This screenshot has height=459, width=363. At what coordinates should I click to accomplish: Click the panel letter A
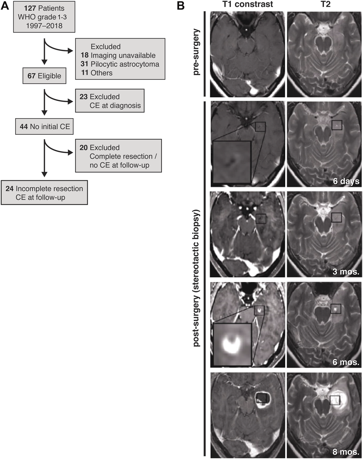pyautogui.click(x=5, y=6)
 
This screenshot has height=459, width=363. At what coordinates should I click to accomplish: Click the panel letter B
pyautogui.click(x=181, y=6)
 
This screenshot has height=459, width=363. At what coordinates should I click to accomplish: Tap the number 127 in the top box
pyautogui.click(x=30, y=8)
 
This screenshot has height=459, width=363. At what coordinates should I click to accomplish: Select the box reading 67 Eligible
pyautogui.click(x=44, y=76)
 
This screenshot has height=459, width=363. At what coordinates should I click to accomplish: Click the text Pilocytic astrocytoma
pyautogui.click(x=125, y=64)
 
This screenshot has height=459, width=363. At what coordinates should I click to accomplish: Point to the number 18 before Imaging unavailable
pyautogui.click(x=85, y=55)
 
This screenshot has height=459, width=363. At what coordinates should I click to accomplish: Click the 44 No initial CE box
pyautogui.click(x=44, y=126)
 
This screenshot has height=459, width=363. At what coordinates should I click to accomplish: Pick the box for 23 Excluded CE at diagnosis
pyautogui.click(x=110, y=101)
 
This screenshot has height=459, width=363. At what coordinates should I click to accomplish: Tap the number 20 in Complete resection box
pyautogui.click(x=83, y=148)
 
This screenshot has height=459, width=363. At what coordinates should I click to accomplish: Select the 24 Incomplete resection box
pyautogui.click(x=44, y=193)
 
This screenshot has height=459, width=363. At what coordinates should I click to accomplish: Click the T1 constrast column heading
pyautogui.click(x=247, y=4)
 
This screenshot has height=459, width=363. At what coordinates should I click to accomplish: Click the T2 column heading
pyautogui.click(x=326, y=4)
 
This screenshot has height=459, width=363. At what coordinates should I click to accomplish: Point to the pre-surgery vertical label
pyautogui.click(x=196, y=52)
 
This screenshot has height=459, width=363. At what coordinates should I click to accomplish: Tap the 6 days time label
pyautogui.click(x=346, y=181)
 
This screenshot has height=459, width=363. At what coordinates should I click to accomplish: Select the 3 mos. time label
pyautogui.click(x=346, y=272)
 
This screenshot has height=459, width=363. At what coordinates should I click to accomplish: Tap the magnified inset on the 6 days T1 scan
pyautogui.click(x=232, y=162)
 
